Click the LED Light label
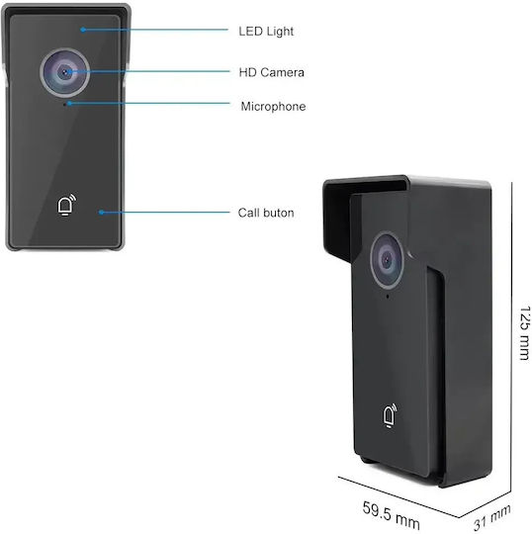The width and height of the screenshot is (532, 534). point(266,32)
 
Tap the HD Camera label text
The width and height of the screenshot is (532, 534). point(272,72)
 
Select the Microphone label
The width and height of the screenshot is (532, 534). point(273,107)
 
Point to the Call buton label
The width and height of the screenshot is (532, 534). point(266,213)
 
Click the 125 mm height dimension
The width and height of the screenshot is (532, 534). point(525,332)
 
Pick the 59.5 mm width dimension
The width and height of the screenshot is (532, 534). point(391,515)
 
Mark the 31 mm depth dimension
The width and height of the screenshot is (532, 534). point(492,517)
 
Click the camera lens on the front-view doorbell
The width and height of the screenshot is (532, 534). point(64,72)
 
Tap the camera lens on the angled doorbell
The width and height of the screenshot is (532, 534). point(388,260)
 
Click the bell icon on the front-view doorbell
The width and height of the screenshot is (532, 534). point(66,205)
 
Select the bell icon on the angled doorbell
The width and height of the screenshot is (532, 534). point(390,415)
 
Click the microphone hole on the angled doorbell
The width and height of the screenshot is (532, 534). point(388,297)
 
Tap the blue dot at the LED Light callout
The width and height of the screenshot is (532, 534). point(83,30)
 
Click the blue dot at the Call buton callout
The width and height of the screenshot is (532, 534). point(101,213)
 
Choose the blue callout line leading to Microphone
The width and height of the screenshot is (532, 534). point(149,103)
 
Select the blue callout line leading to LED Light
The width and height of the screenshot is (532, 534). point(155,30)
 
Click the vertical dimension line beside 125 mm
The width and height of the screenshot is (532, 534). point(511,337)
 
